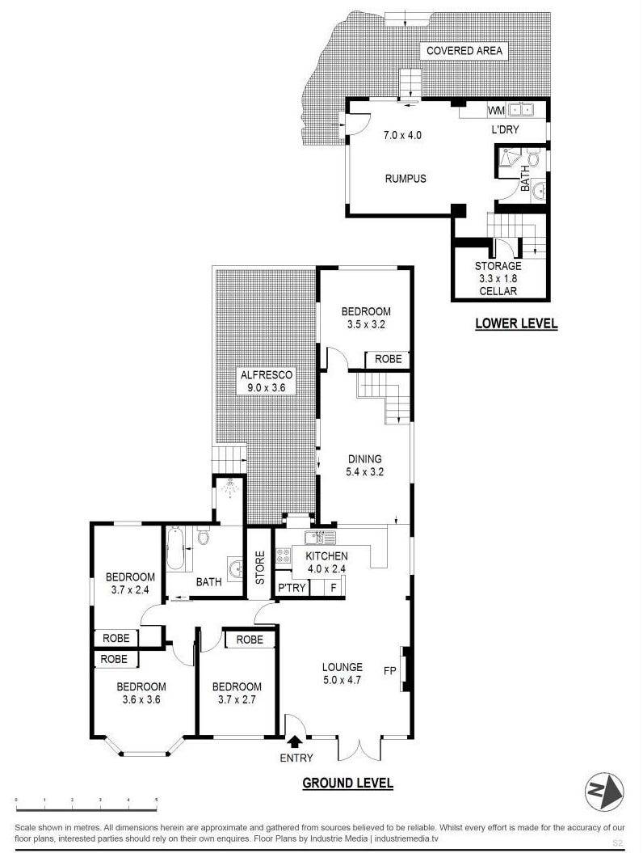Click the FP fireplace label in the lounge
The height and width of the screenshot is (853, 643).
click(x=389, y=671)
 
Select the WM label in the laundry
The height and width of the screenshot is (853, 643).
click(x=496, y=111)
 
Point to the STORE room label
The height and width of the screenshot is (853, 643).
click(x=260, y=568)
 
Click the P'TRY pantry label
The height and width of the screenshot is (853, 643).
click(x=292, y=588)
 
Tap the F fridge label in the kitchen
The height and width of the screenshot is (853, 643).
click(x=334, y=588)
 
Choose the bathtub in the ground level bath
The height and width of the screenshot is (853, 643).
click(x=175, y=548)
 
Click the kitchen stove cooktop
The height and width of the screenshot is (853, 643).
click(x=284, y=555)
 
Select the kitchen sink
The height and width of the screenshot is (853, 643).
click(x=320, y=538)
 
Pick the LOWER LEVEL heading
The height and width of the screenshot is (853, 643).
click(x=516, y=323)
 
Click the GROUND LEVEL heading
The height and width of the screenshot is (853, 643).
click(x=348, y=783)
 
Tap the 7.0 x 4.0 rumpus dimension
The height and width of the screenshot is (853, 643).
click(x=402, y=135)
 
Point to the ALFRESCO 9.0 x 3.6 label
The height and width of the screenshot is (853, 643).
click(x=267, y=382)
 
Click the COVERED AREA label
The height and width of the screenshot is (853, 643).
click(x=464, y=51)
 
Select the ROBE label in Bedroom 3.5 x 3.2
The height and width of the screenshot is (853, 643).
click(x=388, y=359)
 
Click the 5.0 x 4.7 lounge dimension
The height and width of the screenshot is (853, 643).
click(x=343, y=679)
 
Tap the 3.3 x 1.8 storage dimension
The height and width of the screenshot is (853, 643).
click(x=498, y=278)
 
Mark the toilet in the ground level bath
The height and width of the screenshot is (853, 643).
click(x=204, y=538)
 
